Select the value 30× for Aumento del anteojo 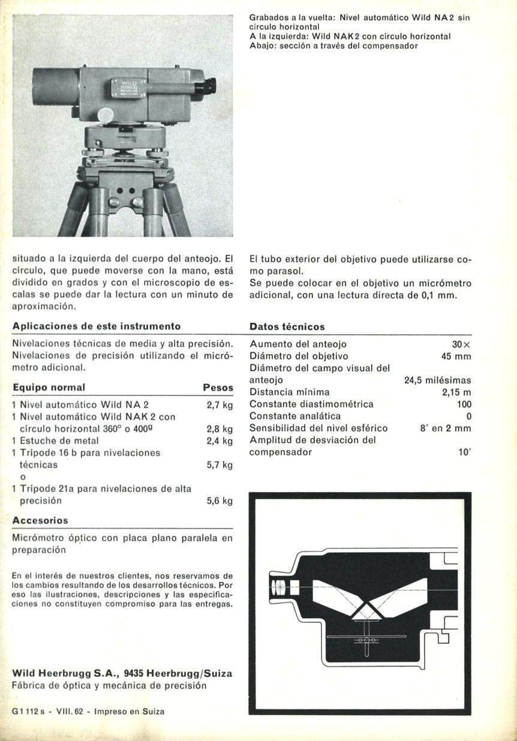click(x=461, y=344)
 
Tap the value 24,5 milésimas click(x=438, y=380)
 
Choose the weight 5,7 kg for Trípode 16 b click(x=219, y=465)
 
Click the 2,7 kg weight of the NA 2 click(x=219, y=405)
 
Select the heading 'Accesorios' click(x=40, y=520)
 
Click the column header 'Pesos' click(x=218, y=388)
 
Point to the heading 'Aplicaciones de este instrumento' click(x=97, y=326)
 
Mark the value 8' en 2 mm click(x=445, y=428)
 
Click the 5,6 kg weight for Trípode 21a click(x=219, y=501)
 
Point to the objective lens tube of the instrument click(x=55, y=87)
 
